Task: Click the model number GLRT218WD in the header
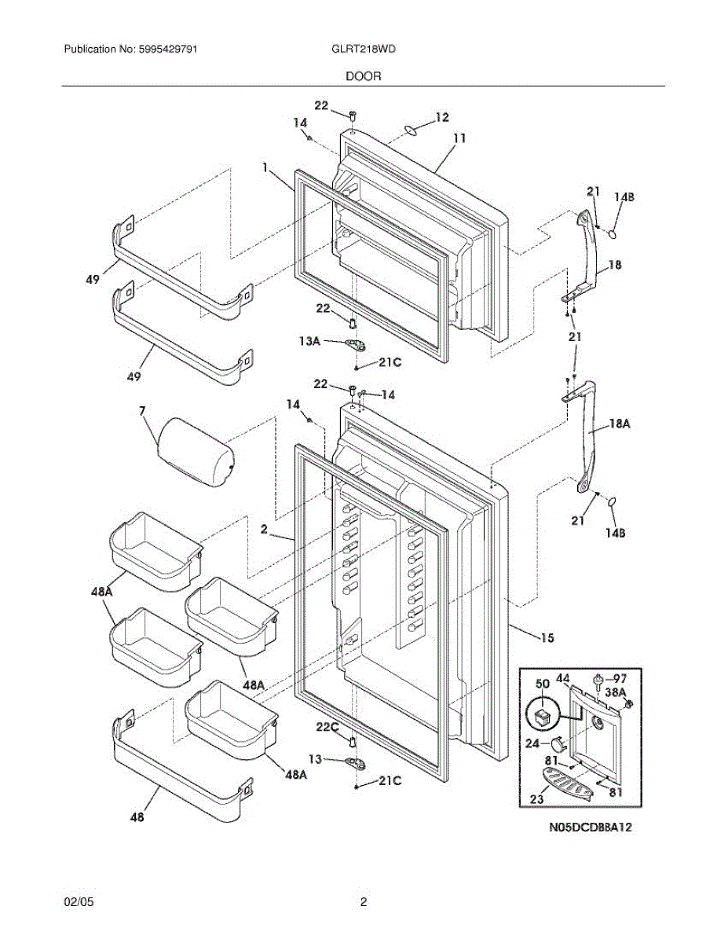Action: click(x=364, y=49)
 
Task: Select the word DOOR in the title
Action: click(x=363, y=77)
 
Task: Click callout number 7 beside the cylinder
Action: click(x=143, y=411)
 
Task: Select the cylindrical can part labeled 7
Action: click(x=196, y=453)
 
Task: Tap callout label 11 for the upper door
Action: click(x=459, y=138)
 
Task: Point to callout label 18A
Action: click(x=620, y=424)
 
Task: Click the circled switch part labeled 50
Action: click(x=541, y=714)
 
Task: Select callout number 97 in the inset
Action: click(x=620, y=678)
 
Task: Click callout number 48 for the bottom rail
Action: click(x=137, y=817)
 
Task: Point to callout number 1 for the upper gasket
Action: click(x=265, y=167)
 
